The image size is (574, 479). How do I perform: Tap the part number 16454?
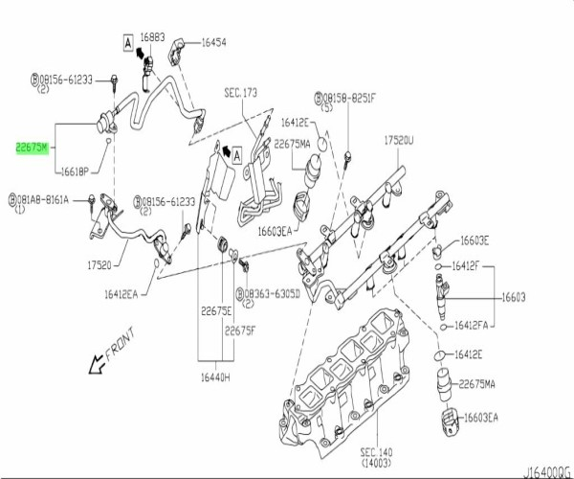coord(212,42)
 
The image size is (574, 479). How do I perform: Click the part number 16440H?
coord(214,377)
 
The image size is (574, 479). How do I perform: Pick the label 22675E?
coord(215,309)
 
